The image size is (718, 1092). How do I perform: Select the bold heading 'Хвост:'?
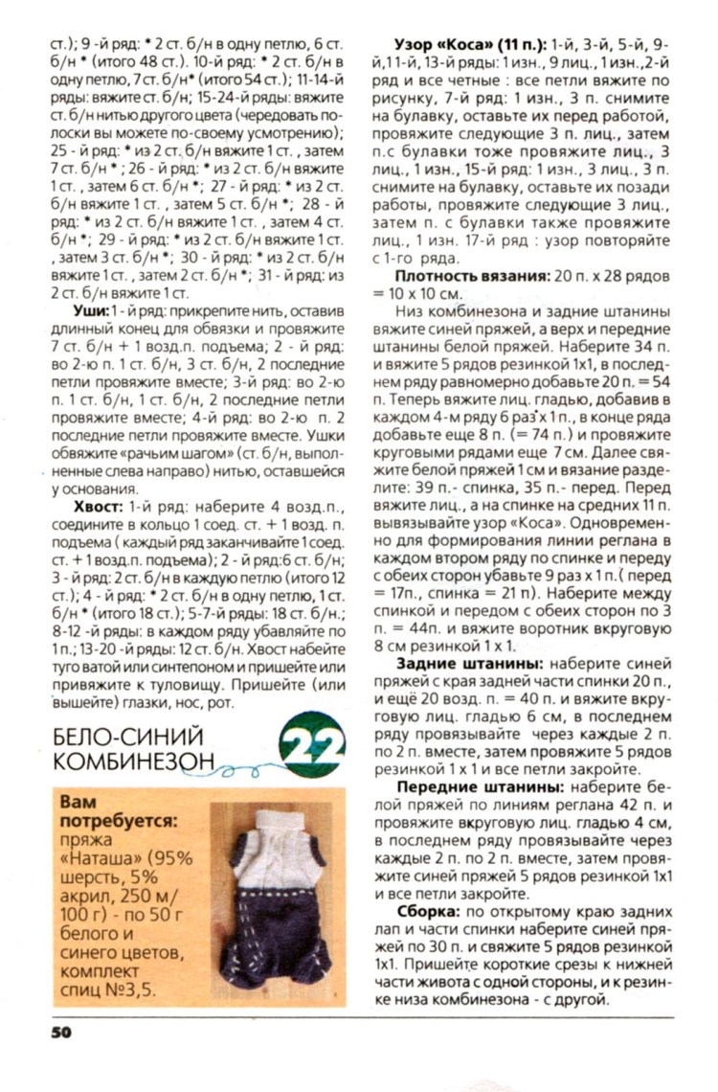coord(100,499)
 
